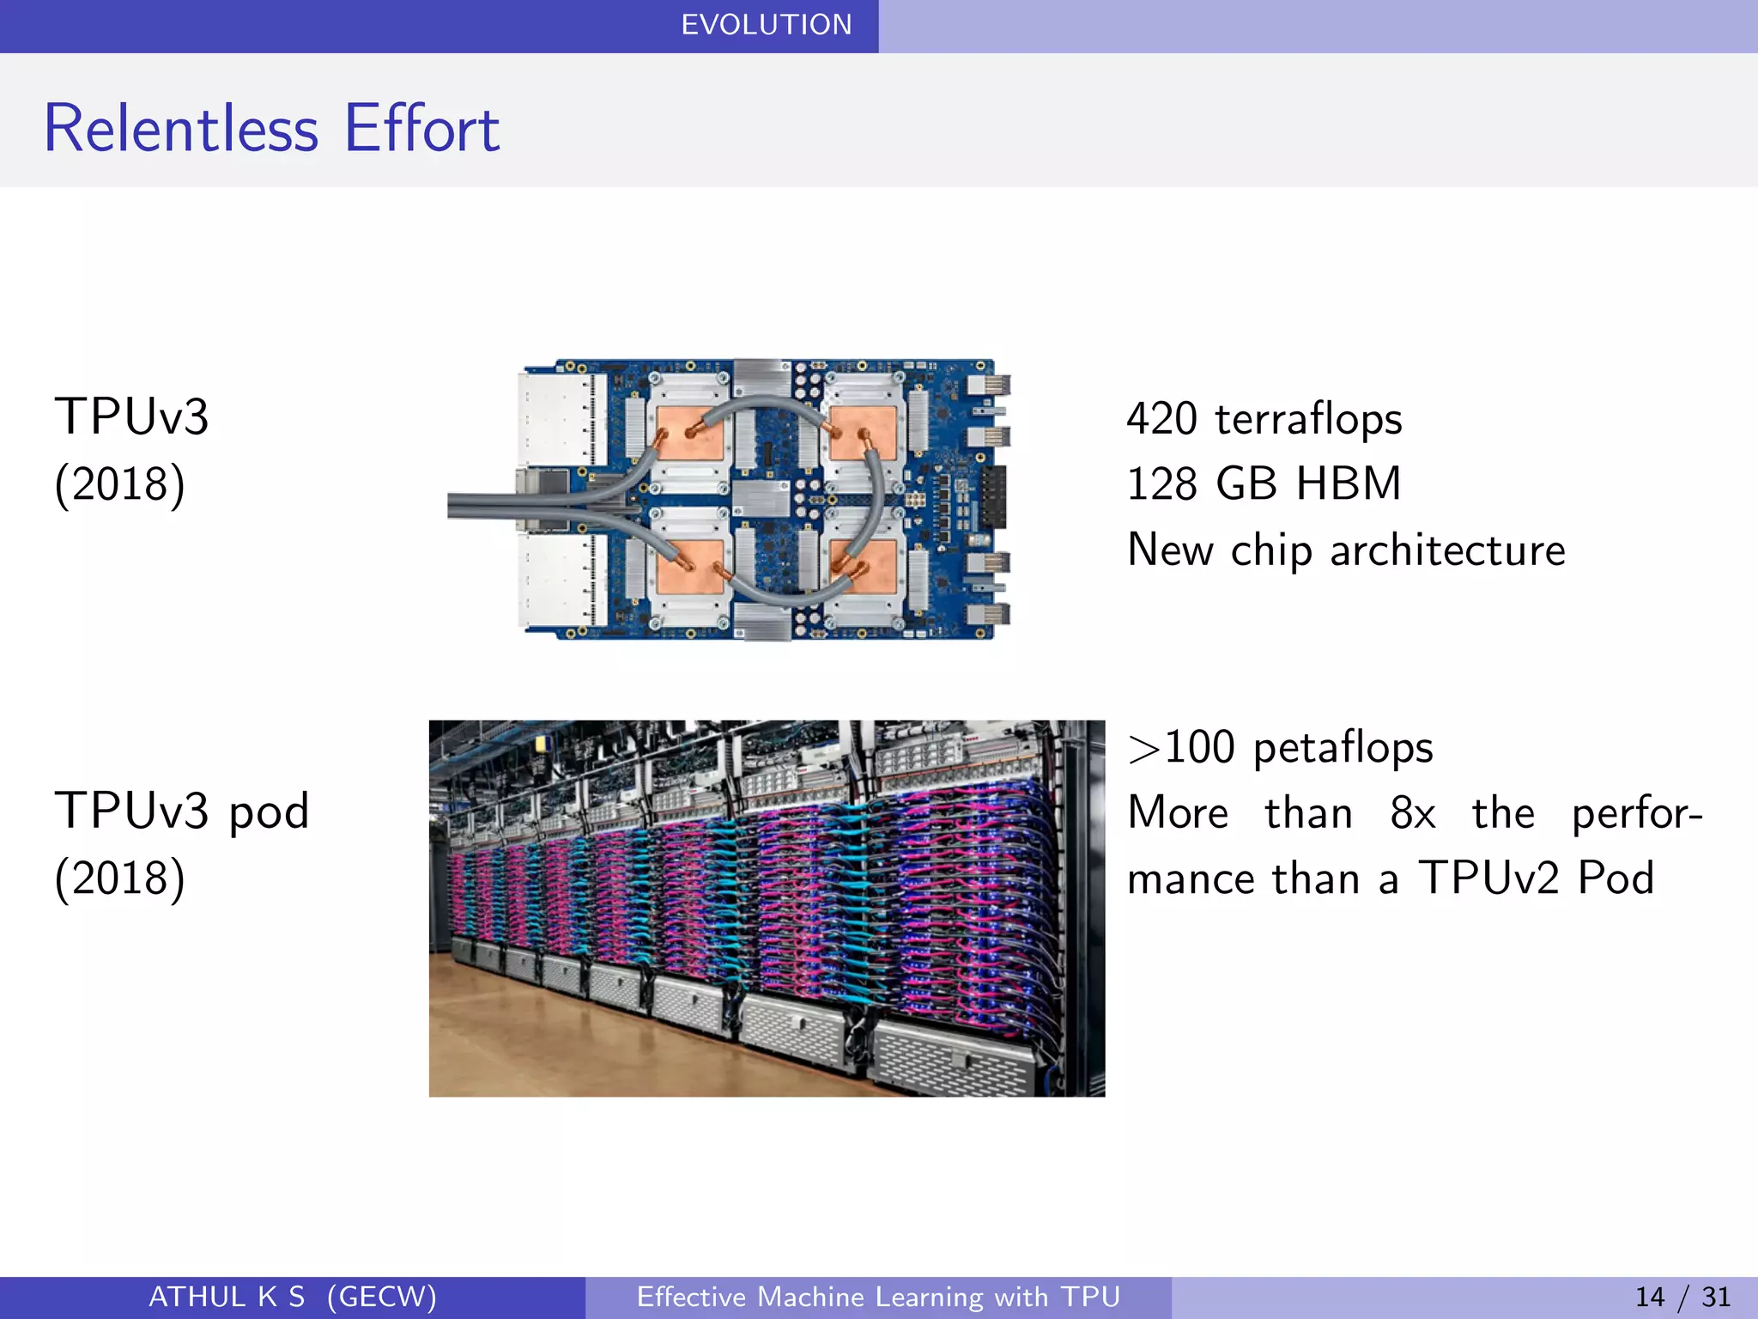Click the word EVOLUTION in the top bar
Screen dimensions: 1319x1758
coord(766,25)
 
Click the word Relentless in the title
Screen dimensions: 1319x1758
coord(181,129)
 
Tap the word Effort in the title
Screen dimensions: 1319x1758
coord(421,129)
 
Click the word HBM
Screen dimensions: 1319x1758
coord(1348,483)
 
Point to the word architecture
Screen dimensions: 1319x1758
coord(1447,550)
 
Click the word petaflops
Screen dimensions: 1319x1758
coord(1343,748)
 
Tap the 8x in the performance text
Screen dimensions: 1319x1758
coord(1412,812)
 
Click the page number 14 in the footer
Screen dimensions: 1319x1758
coord(1649,1297)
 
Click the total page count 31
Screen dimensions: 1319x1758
coord(1715,1297)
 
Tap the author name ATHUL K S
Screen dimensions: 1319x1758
coord(227,1297)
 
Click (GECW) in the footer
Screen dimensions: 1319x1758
coord(381,1297)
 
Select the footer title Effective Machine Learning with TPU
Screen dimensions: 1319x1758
coord(878,1297)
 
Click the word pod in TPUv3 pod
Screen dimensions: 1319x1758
coord(269,811)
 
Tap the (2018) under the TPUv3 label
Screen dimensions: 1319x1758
coord(119,484)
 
